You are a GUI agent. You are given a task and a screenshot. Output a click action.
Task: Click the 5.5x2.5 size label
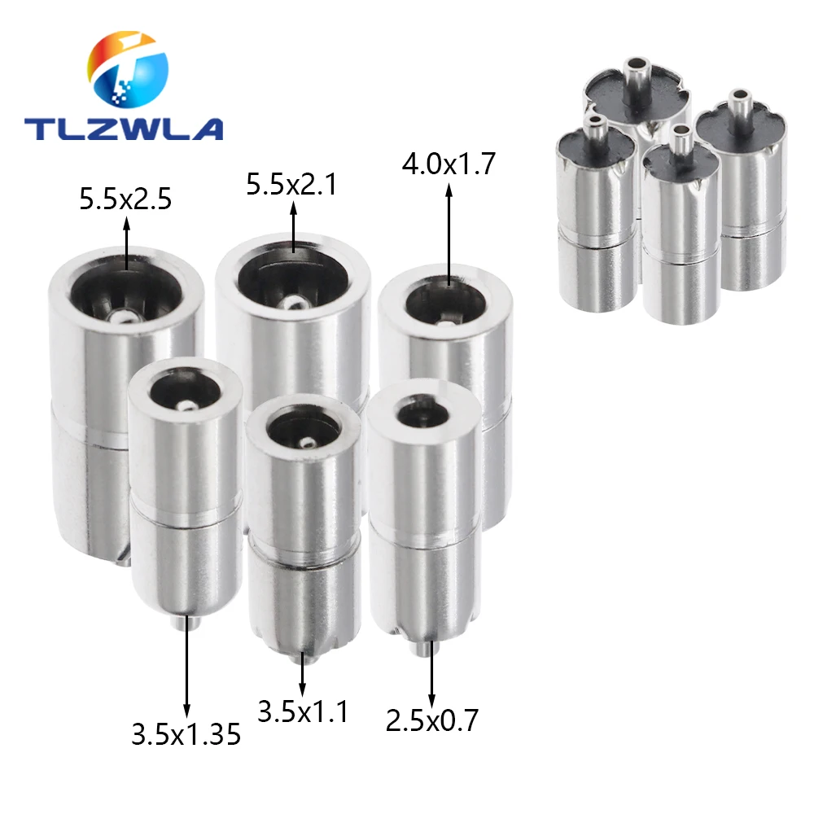(125, 199)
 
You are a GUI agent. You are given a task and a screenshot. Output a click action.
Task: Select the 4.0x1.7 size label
(449, 165)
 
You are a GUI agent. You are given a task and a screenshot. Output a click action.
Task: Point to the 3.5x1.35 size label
(186, 735)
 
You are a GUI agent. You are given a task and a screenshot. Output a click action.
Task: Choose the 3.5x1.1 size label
(303, 712)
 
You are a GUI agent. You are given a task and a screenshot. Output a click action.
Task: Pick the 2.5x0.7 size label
(431, 720)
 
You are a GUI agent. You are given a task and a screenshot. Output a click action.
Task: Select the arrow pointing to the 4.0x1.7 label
(449, 236)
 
